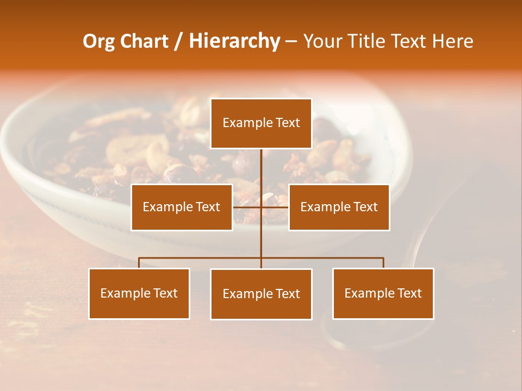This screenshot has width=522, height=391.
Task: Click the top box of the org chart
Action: click(261, 123)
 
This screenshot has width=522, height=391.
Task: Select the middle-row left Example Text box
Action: click(182, 207)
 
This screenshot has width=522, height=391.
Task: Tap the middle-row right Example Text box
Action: click(339, 207)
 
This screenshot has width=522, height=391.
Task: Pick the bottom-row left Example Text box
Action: click(139, 293)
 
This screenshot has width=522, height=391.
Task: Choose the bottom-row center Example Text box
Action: click(261, 294)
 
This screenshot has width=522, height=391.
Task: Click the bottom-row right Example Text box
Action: click(383, 293)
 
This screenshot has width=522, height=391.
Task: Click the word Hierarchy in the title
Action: click(234, 41)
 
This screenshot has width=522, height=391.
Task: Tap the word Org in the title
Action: click(98, 41)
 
